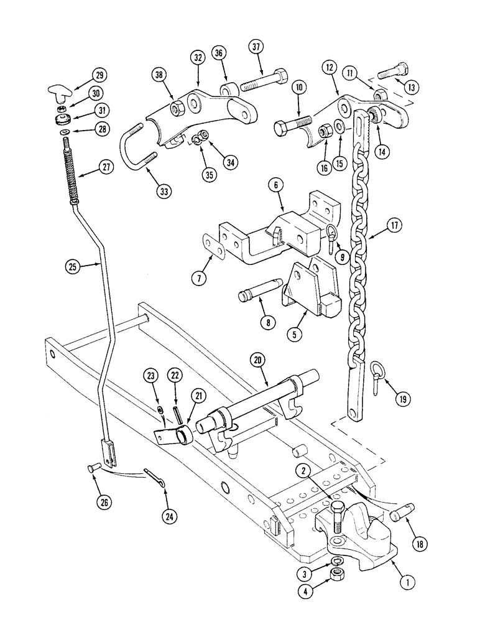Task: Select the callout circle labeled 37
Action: pyautogui.click(x=256, y=47)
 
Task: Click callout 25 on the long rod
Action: pyautogui.click(x=74, y=267)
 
